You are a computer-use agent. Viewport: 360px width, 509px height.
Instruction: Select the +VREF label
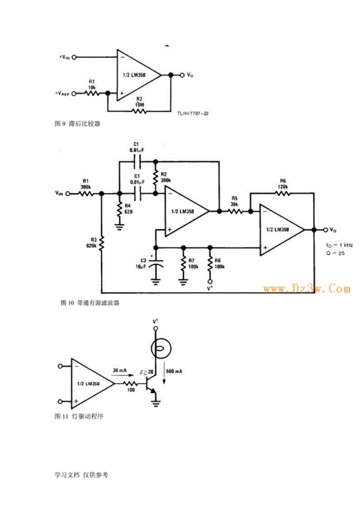coord(63,94)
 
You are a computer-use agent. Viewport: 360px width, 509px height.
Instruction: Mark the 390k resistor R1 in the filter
coord(85,193)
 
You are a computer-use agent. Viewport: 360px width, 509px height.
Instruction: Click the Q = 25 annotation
coord(333,253)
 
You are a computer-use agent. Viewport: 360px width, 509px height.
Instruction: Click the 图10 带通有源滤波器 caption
coord(90,302)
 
